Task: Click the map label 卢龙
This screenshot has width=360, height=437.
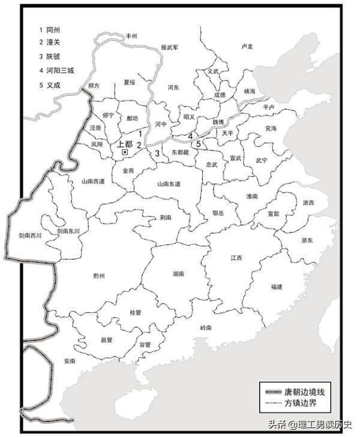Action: point(247,46)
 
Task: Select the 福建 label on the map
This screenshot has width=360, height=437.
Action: point(276,287)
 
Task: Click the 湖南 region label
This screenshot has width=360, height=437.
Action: point(178,274)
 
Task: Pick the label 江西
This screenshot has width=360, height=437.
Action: point(236,258)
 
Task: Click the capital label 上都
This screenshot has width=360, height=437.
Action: point(125,144)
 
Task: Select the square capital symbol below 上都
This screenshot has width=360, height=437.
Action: point(125,153)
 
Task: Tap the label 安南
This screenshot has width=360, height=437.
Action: point(69,361)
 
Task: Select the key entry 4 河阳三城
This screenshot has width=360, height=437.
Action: point(57,71)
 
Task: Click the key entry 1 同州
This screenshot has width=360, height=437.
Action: point(51,29)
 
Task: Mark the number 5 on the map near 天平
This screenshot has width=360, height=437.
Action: point(198,144)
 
